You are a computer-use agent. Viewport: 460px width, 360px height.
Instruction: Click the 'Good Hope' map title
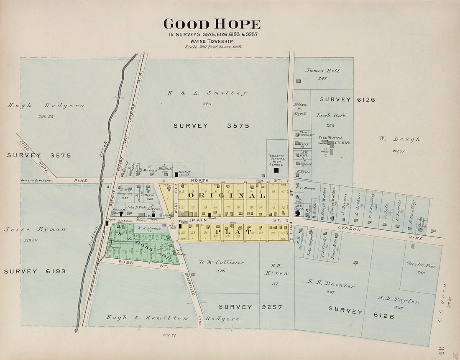pos(212,24)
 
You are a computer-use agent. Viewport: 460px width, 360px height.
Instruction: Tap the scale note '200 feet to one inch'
pos(213,46)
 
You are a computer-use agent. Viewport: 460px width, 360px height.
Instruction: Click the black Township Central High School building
pos(276,170)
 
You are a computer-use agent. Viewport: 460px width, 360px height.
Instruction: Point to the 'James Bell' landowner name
pos(322,71)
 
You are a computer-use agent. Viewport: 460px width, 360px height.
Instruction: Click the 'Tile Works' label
pos(330,137)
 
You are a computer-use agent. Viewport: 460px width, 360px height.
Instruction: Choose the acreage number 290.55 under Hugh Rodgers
pos(46,116)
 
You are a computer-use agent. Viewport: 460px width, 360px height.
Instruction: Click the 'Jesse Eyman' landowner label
pos(35,229)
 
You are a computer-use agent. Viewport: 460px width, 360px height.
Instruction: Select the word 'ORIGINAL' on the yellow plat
pos(227,195)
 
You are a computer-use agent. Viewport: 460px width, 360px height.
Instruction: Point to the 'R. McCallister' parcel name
pos(222,262)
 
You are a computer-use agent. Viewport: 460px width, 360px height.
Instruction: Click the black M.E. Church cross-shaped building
pos(297,213)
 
